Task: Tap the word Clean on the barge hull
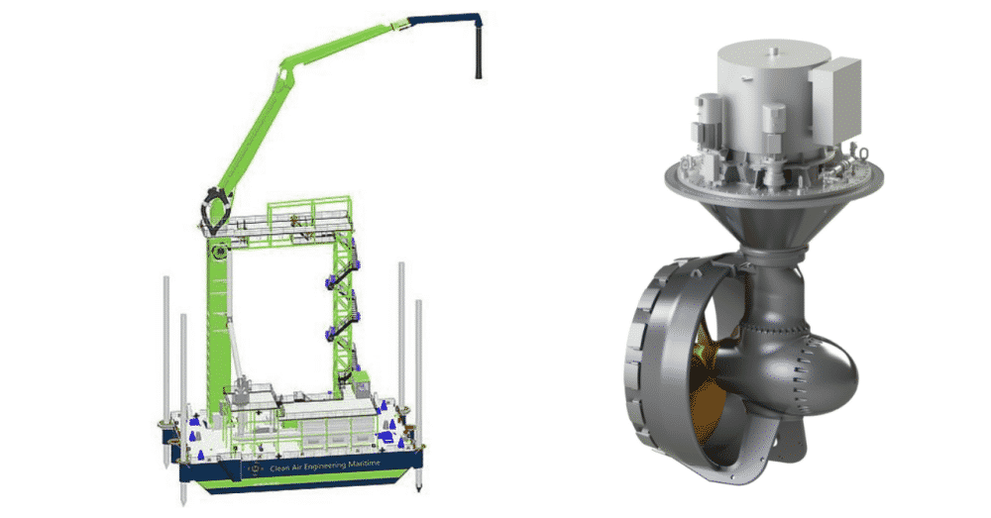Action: (x=278, y=468)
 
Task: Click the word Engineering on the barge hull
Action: (x=321, y=466)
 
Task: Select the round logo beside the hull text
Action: (x=255, y=468)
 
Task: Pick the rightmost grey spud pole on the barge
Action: (x=418, y=395)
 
